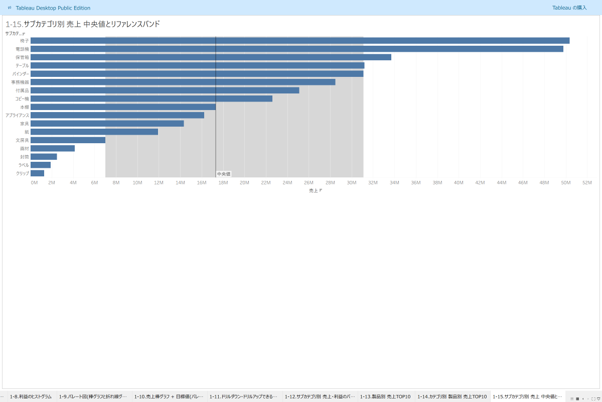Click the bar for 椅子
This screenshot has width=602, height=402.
pos(299,41)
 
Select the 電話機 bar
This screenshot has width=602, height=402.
pos(296,49)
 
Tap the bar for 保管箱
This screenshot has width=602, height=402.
pos(211,57)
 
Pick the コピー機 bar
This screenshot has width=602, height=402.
pos(151,98)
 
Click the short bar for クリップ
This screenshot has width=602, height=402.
pos(37,173)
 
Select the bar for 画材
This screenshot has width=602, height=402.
pos(52,148)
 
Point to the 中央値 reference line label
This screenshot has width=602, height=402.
pos(224,174)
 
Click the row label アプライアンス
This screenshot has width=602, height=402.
pos(17,115)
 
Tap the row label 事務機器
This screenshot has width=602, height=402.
pos(20,82)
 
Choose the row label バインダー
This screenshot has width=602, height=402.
pos(21,74)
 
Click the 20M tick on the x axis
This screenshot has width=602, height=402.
pos(244,182)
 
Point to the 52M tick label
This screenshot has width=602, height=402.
pos(587,182)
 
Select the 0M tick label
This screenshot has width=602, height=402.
pos(34,182)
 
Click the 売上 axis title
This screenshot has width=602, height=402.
pos(314,190)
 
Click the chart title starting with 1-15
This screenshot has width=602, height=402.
pos(83,24)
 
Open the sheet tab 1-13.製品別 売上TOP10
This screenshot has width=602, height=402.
pos(385,396)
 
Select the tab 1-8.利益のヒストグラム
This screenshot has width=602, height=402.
pos(31,396)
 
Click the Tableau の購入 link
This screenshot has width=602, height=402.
pos(569,8)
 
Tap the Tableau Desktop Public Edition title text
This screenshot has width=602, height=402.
pos(53,8)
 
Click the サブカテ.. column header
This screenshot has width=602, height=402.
pos(14,33)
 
